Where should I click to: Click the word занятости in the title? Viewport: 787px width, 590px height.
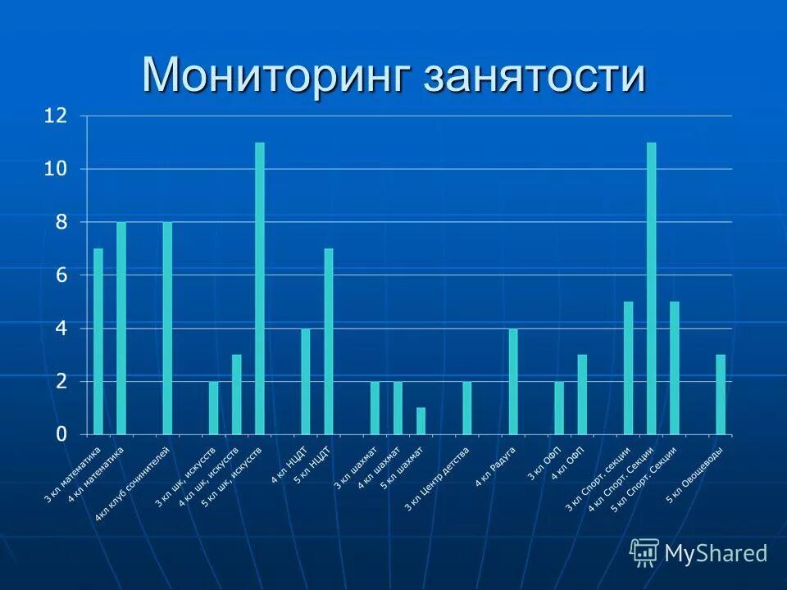point(534,76)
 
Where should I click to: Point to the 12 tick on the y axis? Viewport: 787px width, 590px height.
point(55,116)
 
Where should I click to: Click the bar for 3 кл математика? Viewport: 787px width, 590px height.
point(98,341)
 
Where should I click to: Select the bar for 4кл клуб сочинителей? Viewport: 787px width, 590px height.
point(167,328)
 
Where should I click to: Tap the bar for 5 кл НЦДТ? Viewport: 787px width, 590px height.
point(329,341)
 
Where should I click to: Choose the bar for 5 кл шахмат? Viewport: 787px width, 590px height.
point(421,420)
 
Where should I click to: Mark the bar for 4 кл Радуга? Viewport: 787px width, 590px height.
point(513,381)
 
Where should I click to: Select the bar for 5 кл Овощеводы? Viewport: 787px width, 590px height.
point(721,394)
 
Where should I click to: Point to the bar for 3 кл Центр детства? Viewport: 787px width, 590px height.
point(467,407)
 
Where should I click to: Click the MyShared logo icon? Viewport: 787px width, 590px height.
point(644,553)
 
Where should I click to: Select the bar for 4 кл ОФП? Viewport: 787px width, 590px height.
point(582,394)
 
